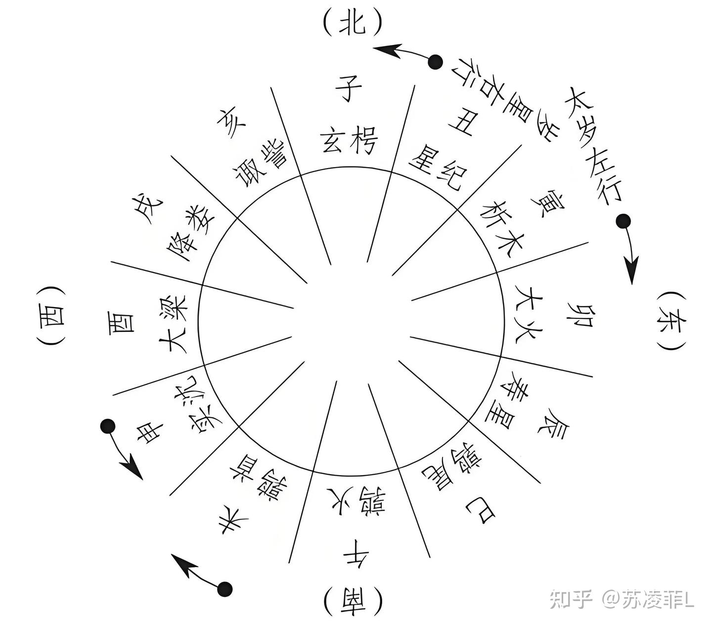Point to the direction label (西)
50,316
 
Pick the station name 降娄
190,225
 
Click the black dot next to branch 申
107,426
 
